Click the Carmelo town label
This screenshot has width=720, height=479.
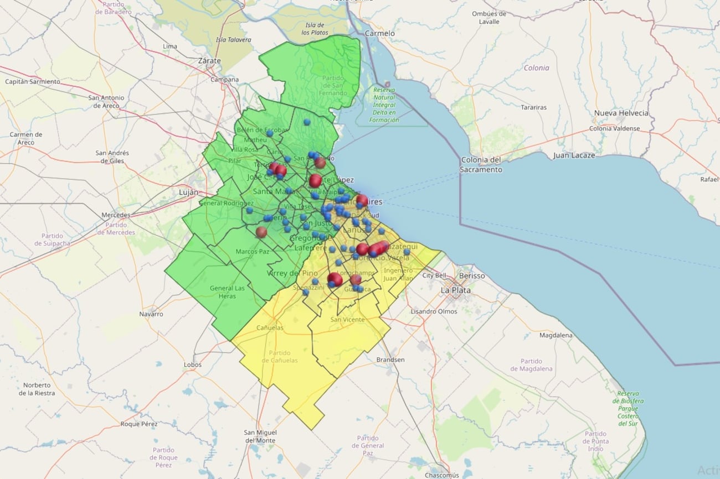tap(380, 33)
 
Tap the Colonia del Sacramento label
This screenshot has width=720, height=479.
tap(481, 165)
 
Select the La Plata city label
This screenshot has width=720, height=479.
tap(455, 290)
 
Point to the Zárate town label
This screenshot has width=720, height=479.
tap(209, 61)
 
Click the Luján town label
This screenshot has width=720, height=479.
tap(188, 192)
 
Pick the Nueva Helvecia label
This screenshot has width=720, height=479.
tap(621, 113)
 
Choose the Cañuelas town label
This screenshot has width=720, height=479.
tap(270, 327)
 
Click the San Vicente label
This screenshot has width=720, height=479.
tap(347, 320)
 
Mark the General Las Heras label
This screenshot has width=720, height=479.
tap(227, 292)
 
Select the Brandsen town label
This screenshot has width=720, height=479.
tap(390, 360)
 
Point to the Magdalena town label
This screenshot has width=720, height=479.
tap(556, 335)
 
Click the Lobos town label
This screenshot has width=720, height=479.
tap(193, 365)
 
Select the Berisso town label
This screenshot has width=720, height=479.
tap(472, 275)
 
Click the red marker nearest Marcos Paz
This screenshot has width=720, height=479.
tap(261, 232)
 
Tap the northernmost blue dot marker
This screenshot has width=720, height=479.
tap(306, 122)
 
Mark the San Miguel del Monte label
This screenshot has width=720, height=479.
tap(260, 436)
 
